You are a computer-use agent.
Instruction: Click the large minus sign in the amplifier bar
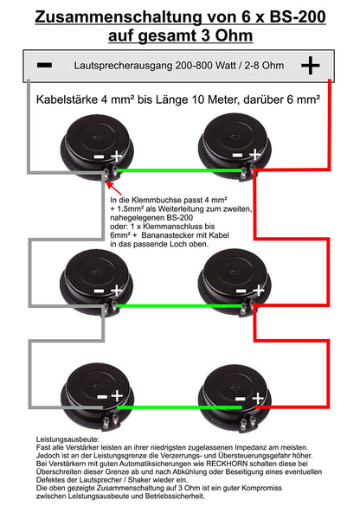click(x=45, y=66)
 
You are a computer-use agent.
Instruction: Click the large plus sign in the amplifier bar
click(x=309, y=66)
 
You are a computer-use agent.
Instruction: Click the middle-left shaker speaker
click(x=90, y=277)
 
